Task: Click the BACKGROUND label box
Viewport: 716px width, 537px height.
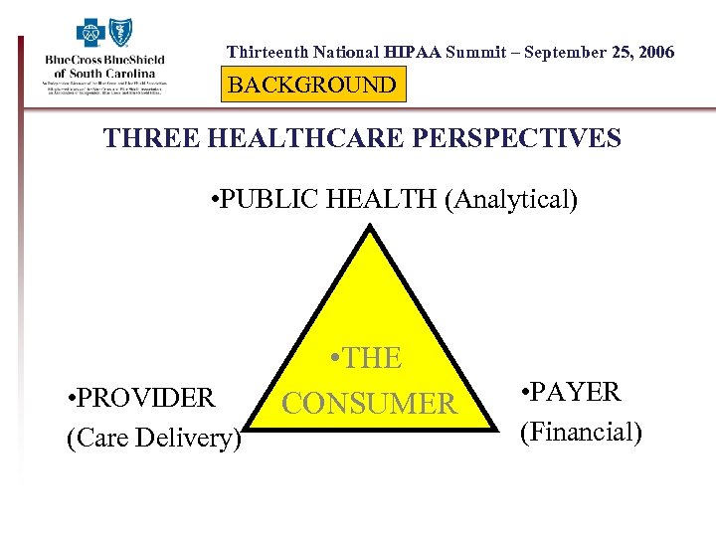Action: tap(312, 86)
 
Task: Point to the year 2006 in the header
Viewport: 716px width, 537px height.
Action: tap(652, 52)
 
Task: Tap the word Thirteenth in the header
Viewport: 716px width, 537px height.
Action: tap(266, 52)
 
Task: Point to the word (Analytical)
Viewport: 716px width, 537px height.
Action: tap(510, 200)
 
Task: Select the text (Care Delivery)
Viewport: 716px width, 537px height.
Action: tap(154, 438)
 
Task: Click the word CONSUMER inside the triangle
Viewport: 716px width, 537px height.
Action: tap(369, 404)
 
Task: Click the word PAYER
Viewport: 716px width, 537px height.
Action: tap(577, 392)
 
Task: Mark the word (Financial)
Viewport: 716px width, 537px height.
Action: tap(580, 432)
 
